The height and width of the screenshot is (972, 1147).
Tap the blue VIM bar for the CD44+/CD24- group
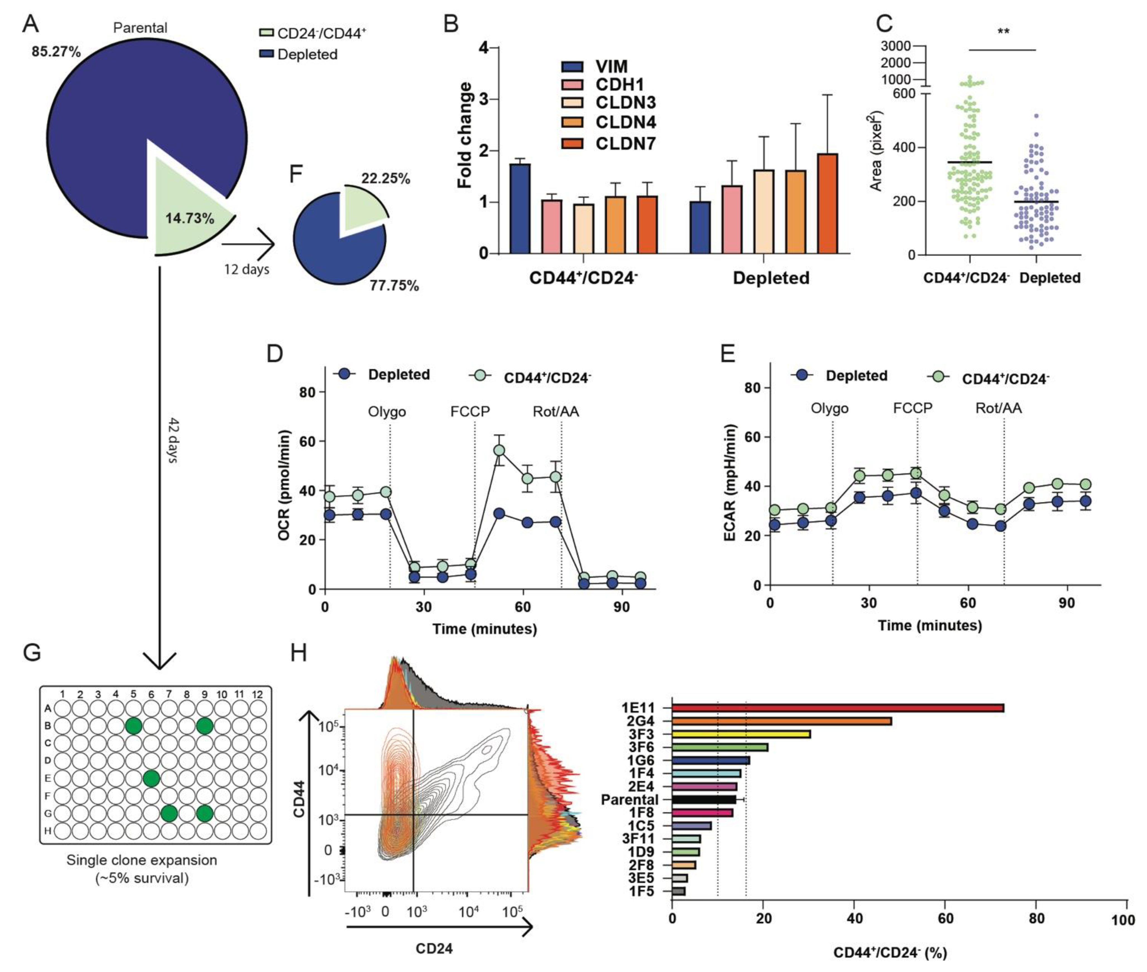(x=520, y=208)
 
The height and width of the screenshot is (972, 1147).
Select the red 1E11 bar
(x=837, y=708)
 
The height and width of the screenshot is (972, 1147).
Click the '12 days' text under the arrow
(x=246, y=270)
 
